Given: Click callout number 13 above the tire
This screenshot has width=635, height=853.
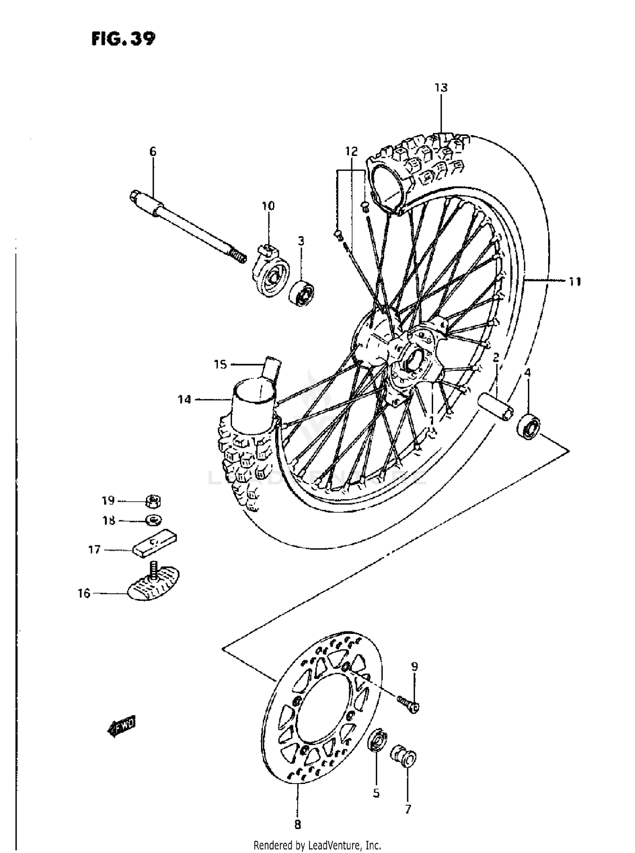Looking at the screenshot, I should coord(441,88).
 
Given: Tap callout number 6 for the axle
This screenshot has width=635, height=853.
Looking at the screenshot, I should coord(153,151).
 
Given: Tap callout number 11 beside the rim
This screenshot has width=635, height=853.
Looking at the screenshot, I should coord(574,281).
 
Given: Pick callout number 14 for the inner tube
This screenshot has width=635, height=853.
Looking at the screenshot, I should coord(185,399).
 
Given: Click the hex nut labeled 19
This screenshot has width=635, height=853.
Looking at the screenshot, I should coord(153,502).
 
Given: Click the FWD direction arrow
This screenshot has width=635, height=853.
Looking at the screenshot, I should coord(121,727).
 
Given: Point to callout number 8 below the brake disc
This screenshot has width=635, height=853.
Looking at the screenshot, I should coord(298,825).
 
